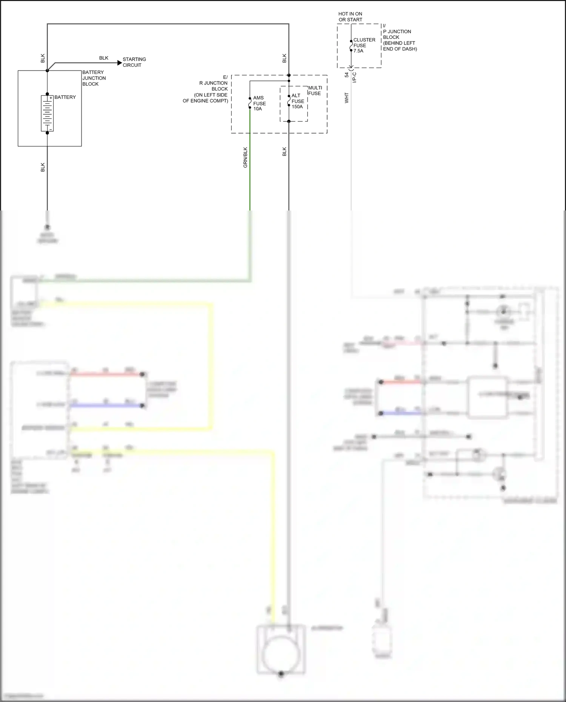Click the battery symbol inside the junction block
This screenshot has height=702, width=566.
[47, 113]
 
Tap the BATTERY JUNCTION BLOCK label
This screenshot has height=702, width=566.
[94, 78]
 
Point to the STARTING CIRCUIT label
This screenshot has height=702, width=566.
[134, 62]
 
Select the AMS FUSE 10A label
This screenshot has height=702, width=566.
[259, 103]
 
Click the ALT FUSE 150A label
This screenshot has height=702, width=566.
[297, 101]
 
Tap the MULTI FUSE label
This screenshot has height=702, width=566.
[315, 91]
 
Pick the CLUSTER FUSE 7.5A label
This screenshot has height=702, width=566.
[364, 45]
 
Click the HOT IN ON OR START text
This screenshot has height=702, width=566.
[350, 17]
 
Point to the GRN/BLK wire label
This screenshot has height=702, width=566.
[245, 157]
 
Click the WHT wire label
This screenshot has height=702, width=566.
[346, 98]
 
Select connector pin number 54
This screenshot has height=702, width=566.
[347, 75]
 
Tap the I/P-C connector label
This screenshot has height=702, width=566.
[354, 78]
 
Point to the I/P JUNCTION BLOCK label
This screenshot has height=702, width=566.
[399, 37]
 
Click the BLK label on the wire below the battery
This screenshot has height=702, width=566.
[43, 167]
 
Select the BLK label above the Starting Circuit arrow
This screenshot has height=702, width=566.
[104, 58]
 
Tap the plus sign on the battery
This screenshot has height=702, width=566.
[51, 98]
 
